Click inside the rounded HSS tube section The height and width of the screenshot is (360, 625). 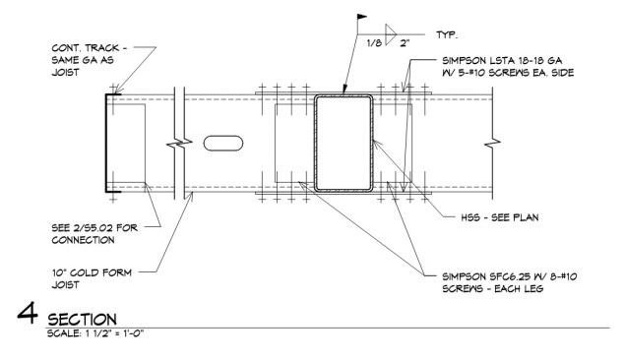(x=344, y=144)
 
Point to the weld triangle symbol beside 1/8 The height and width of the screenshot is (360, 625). (x=390, y=31)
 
